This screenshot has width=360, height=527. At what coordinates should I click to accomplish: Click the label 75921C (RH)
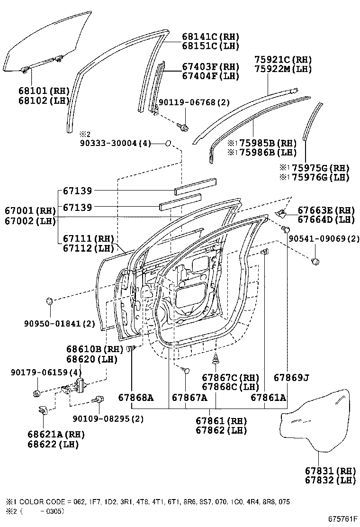(283, 60)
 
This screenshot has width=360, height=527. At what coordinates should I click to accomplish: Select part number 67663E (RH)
(326, 210)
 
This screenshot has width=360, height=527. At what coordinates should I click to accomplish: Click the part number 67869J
(291, 377)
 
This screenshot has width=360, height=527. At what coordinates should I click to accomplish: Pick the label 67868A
(136, 398)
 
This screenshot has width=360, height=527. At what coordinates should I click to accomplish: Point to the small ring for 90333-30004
(169, 143)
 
